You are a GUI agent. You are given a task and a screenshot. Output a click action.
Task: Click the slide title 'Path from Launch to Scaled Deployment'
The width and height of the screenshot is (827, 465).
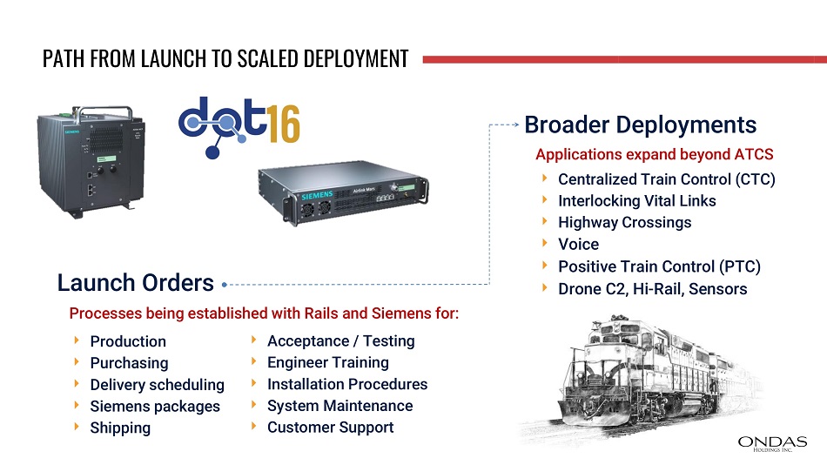pos(225,58)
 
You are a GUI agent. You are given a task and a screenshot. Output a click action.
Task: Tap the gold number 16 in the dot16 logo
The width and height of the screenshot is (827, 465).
pos(284,124)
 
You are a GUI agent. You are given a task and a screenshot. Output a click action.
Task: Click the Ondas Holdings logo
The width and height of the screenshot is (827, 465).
pos(772,443)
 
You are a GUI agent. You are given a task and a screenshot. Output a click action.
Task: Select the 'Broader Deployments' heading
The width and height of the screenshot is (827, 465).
pos(641,125)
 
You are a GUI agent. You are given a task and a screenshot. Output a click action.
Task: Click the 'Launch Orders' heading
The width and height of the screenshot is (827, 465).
pos(136,282)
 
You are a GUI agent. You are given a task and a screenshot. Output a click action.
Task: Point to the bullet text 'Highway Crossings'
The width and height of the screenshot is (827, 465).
pos(624,223)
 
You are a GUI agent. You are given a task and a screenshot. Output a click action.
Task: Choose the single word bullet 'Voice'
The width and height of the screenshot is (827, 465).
pos(579,245)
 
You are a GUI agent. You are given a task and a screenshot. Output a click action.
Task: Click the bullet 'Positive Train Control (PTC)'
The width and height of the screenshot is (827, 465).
pos(659,266)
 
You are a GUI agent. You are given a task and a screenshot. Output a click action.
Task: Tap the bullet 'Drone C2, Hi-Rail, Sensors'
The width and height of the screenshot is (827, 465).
pos(652,289)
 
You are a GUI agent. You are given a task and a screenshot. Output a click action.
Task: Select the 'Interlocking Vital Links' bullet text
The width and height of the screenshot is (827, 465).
pos(637,201)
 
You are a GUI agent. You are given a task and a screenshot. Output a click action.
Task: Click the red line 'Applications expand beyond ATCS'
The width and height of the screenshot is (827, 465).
pos(655,154)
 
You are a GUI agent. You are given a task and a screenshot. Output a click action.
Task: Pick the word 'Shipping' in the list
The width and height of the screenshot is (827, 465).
pos(120,428)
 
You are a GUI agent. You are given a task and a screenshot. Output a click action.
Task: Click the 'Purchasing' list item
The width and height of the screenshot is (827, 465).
pos(129,363)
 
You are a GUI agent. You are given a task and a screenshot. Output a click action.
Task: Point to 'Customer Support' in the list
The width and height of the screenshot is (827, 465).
pos(330,428)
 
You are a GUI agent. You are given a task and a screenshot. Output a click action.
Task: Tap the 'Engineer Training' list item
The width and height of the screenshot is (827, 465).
pos(328,362)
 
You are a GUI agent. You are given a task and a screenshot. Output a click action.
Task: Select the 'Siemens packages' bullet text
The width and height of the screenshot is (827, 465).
pos(155,407)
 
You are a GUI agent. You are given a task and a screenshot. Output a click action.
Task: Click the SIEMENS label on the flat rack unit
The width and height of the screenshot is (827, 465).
pos(317,195)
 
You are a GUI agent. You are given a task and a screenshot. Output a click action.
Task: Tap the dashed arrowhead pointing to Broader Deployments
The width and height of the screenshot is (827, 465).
pos(516,125)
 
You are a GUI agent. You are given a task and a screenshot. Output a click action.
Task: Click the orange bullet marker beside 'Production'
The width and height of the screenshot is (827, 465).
pos(77,340)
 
